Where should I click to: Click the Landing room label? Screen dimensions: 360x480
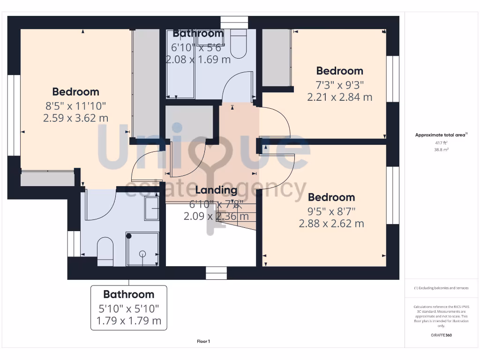216,190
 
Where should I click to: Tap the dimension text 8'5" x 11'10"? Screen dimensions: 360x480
75,106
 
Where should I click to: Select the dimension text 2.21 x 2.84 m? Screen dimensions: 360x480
339,97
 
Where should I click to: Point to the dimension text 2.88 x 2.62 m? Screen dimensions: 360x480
331,224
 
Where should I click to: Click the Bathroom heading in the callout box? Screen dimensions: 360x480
128,294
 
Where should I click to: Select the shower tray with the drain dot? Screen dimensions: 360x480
142,248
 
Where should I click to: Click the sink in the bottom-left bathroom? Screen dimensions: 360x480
151,208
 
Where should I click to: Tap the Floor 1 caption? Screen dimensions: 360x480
203,341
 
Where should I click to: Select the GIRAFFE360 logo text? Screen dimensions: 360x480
442,335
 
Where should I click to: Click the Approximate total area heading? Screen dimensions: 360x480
442,135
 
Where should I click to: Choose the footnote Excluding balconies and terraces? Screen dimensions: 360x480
442,288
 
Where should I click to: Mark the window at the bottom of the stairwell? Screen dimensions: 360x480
216,273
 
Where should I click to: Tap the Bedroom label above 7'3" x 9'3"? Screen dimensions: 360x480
339,71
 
